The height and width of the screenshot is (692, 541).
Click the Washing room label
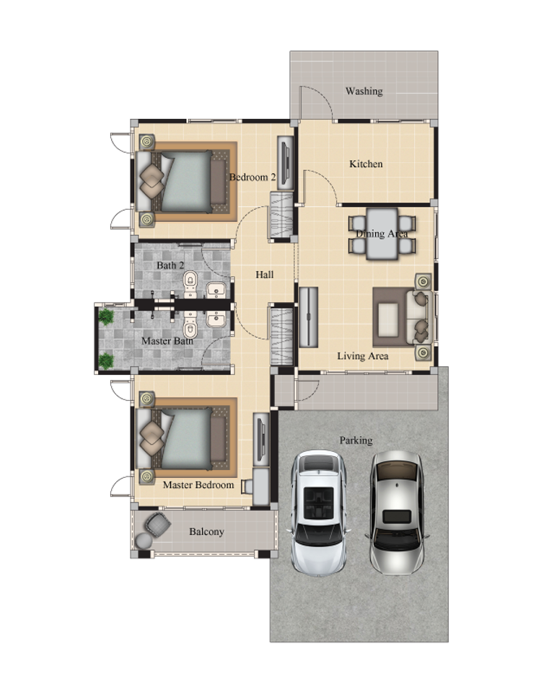tap(364, 92)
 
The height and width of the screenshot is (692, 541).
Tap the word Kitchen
tap(366, 164)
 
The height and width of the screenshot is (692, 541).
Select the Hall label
tap(265, 275)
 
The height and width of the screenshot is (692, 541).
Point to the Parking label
tap(356, 440)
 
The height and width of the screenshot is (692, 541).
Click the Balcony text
tap(206, 531)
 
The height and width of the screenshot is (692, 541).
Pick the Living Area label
tap(363, 355)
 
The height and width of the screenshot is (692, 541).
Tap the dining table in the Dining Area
tap(382, 234)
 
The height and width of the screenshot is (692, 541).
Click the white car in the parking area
tap(318, 512)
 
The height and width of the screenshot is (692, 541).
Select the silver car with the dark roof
tap(397, 512)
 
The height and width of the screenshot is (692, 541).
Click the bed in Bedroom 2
tap(181, 182)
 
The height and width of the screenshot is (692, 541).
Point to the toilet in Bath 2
tap(190, 283)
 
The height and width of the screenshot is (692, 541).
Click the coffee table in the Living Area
tap(388, 317)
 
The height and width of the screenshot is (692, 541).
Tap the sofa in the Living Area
tap(422, 316)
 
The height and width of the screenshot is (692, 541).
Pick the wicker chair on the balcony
tap(158, 524)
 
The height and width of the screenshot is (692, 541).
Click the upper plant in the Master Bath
tap(106, 317)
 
